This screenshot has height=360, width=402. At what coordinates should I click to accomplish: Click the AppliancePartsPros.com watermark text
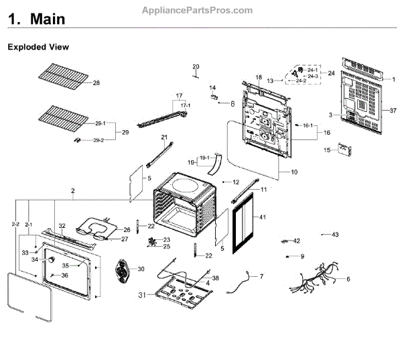198,11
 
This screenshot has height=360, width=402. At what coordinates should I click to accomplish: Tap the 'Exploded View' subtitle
38,48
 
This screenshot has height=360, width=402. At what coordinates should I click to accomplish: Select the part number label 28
96,82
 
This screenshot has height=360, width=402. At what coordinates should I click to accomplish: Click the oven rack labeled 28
67,77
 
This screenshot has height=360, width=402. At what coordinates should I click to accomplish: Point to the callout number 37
393,109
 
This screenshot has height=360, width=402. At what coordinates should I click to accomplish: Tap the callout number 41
263,217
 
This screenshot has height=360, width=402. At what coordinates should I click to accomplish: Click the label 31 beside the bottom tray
141,296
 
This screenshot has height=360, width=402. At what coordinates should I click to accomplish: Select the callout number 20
196,66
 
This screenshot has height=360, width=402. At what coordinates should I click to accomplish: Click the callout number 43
335,234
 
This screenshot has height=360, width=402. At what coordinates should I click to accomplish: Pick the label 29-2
98,139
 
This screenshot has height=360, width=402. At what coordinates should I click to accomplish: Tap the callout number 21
163,137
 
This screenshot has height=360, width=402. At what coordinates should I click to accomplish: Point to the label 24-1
312,70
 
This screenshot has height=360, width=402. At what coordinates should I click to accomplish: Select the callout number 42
297,240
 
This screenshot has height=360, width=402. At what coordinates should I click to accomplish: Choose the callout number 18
259,78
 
